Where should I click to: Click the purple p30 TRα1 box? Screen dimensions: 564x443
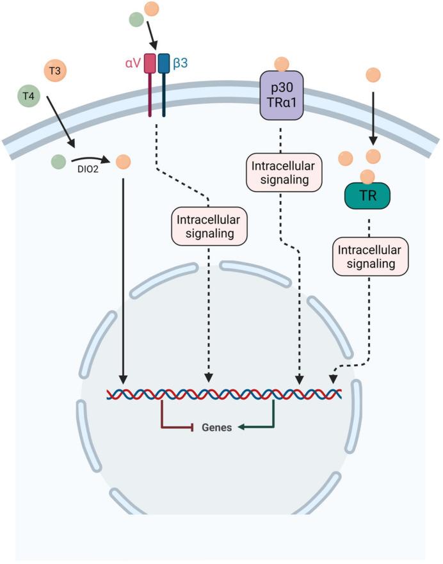(x=281, y=95)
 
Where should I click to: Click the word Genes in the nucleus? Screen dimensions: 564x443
(x=216, y=426)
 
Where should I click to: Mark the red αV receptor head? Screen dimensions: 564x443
(x=150, y=63)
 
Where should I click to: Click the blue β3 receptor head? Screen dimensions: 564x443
(x=164, y=63)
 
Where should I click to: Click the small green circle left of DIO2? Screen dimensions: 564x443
(x=59, y=161)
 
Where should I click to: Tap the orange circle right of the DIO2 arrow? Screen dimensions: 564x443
(x=124, y=161)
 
